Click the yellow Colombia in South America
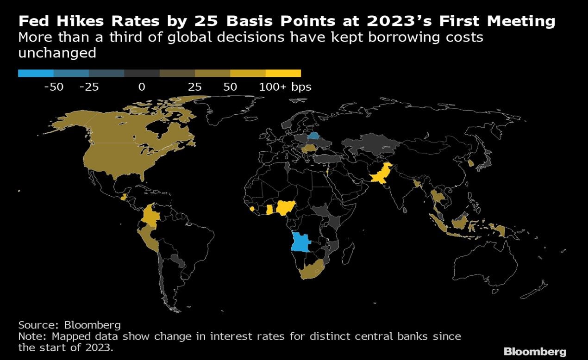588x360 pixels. pos(150,216)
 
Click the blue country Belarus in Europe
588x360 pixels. pos(314,136)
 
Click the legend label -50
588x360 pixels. pos(53,87)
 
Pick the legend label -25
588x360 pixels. pos(88,87)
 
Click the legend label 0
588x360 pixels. pos(142,87)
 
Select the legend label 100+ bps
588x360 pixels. pos(285,87)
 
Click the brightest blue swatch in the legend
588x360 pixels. pos(36,73)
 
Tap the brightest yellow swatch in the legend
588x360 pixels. pos(283,73)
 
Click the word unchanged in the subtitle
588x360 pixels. pos(57,53)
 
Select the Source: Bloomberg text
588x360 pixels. pos(69,324)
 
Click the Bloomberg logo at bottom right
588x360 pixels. pos(534,351)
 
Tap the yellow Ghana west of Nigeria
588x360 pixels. pos(269,210)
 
